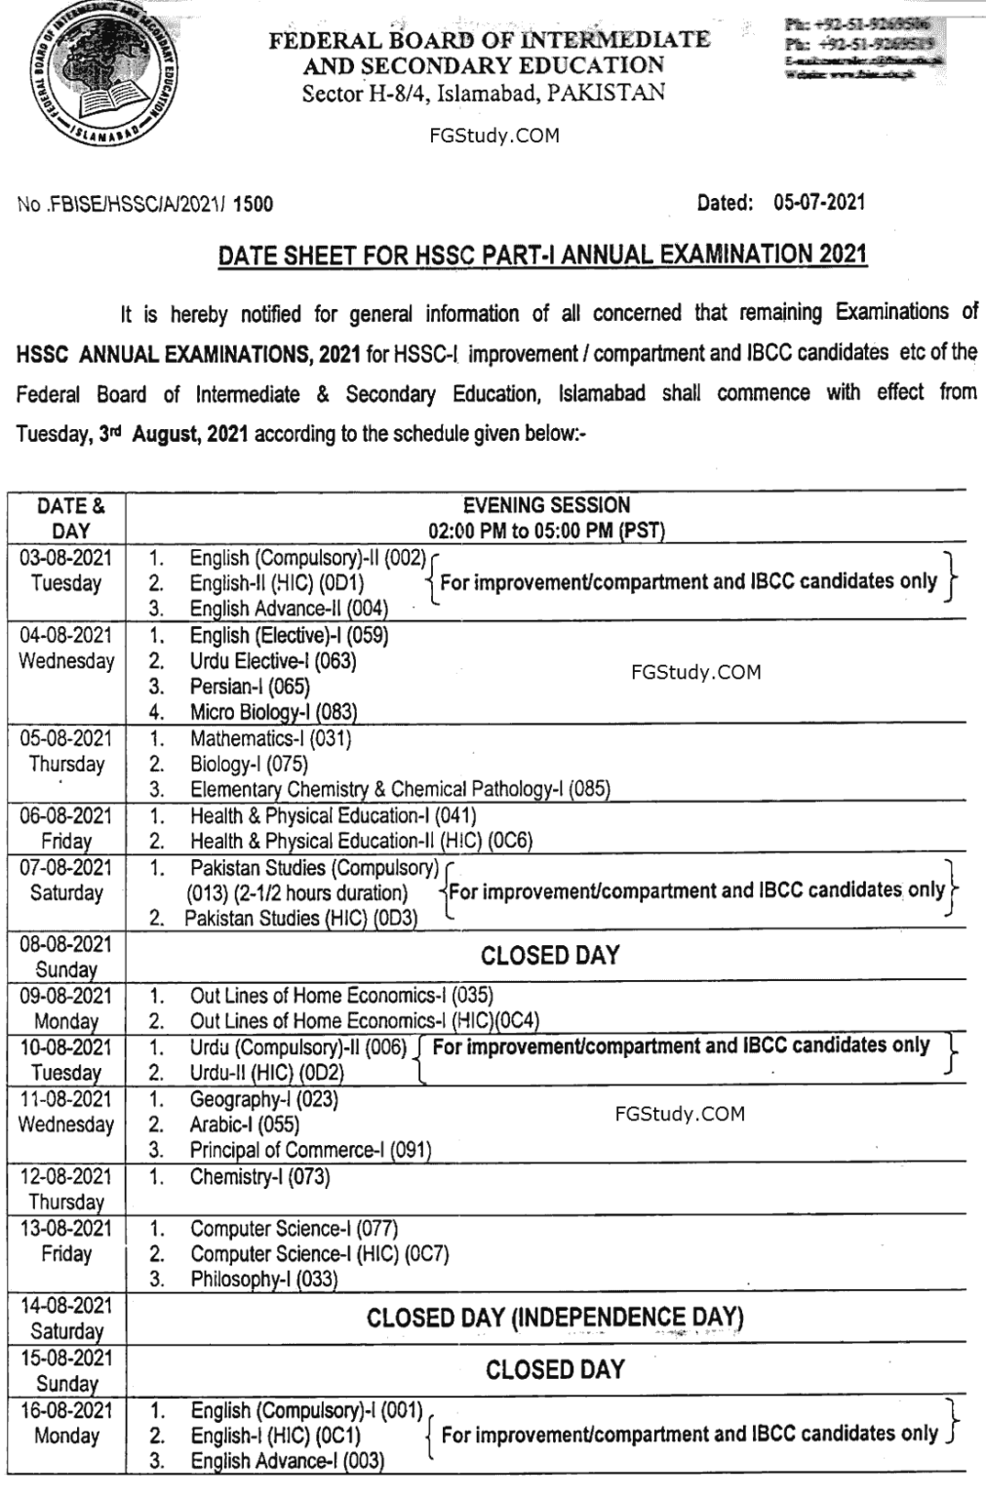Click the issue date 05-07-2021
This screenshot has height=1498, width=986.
[818, 202]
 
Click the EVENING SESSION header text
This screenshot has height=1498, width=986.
[546, 505]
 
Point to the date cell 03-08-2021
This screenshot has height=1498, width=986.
[66, 558]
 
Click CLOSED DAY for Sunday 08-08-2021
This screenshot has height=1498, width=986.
[550, 955]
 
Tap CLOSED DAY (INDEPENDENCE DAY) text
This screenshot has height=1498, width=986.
[555, 1319]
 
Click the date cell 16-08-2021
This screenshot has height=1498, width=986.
[66, 1410]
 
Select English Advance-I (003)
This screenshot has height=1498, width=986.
[287, 1461]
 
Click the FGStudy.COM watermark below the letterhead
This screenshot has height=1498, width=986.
[493, 136]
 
